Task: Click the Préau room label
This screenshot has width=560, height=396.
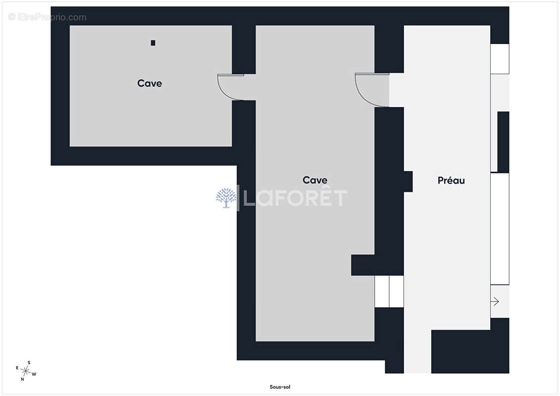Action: tap(451, 180)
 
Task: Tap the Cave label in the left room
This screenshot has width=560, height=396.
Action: tap(150, 83)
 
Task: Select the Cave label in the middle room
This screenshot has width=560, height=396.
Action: tap(314, 180)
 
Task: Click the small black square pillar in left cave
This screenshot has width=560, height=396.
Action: tap(153, 43)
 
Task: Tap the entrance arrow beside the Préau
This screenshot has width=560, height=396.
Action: tap(495, 302)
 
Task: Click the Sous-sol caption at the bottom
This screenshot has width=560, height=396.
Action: tap(280, 387)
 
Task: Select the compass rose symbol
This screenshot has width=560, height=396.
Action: tap(26, 371)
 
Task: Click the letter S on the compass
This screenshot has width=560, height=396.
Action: tap(29, 363)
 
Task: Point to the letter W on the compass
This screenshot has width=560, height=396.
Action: tap(34, 374)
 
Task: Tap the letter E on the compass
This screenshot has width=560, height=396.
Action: tap(17, 368)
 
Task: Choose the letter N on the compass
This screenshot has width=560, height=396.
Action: tap(22, 379)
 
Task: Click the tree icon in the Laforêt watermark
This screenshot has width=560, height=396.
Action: tap(226, 198)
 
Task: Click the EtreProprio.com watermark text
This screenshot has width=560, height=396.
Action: tap(48, 17)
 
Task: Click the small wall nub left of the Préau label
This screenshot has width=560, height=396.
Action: tap(408, 181)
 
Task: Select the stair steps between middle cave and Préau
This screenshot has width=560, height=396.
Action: tap(389, 292)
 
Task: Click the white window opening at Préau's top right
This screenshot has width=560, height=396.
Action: tap(500, 59)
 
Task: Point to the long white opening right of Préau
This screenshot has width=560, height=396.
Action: tap(500, 229)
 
